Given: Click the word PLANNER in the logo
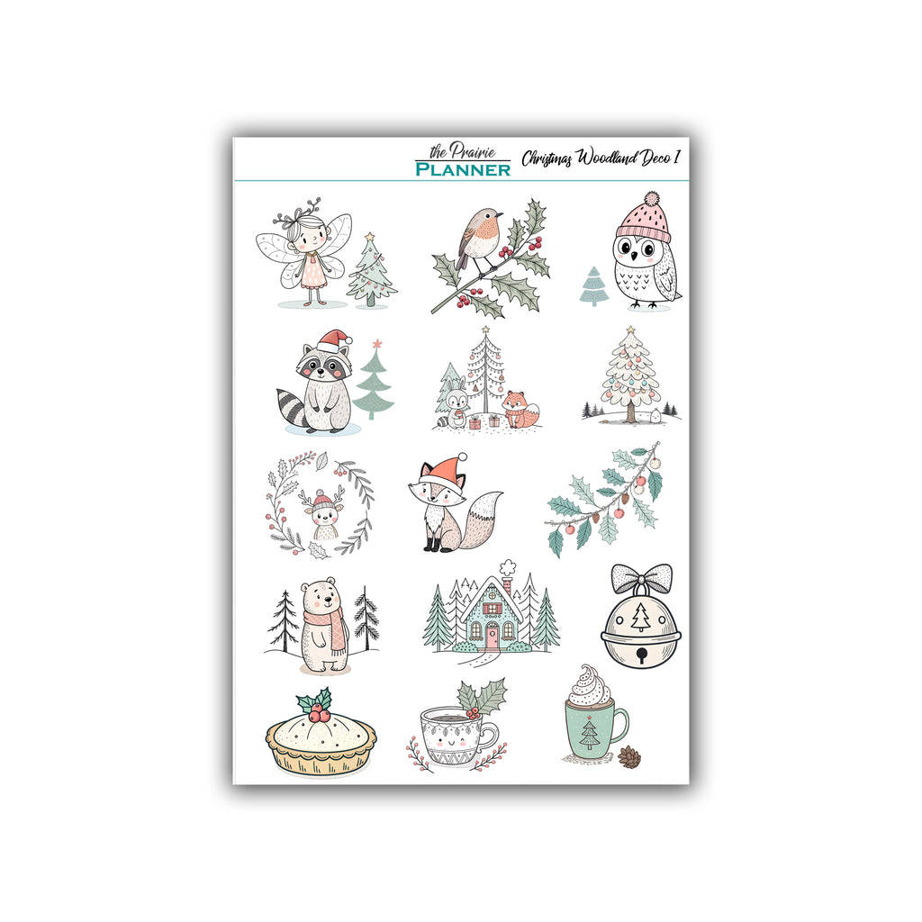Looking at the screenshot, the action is click(463, 169).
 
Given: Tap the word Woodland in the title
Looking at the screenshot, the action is click(606, 158).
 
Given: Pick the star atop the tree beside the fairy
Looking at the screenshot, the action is click(369, 237).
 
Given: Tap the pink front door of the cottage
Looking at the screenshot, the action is click(492, 636).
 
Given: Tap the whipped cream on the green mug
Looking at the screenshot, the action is click(589, 685).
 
